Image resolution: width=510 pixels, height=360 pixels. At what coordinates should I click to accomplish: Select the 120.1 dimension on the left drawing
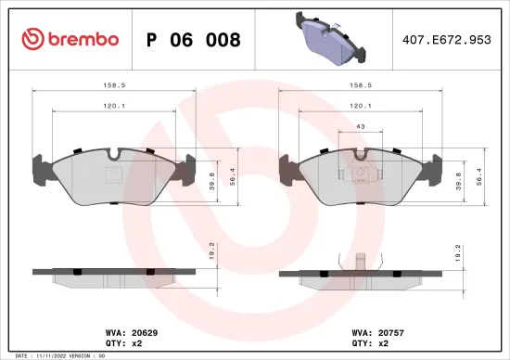[114, 106]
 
